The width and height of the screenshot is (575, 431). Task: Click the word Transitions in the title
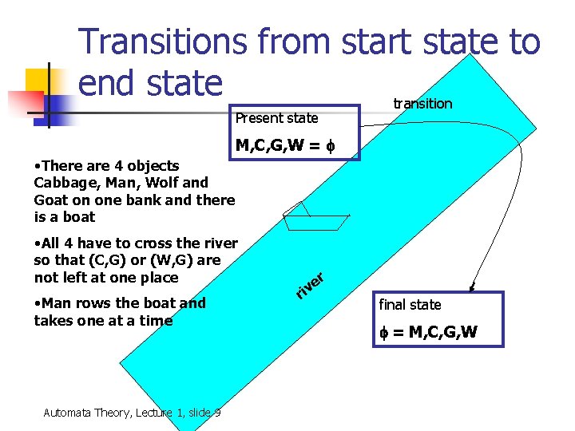point(164,42)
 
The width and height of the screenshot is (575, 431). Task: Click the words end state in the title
point(150,82)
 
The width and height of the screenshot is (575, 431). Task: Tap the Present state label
point(276,118)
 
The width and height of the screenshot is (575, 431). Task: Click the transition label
point(422,104)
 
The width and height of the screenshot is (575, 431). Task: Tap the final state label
point(410,304)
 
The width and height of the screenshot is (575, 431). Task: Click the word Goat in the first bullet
point(51,200)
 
